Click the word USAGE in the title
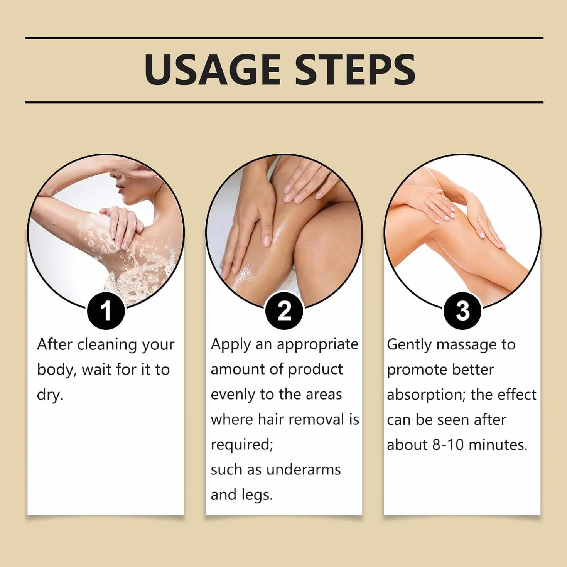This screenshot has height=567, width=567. pyautogui.click(x=213, y=70)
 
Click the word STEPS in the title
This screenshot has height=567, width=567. pyautogui.click(x=355, y=70)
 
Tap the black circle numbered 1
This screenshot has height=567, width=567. pyautogui.click(x=106, y=311)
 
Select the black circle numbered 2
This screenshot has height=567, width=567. pyautogui.click(x=284, y=311)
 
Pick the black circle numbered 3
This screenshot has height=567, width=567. pyautogui.click(x=462, y=311)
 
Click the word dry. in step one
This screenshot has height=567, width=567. pyautogui.click(x=50, y=395)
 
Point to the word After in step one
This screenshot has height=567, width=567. pyautogui.click(x=54, y=344)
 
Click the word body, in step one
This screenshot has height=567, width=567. pyautogui.click(x=57, y=370)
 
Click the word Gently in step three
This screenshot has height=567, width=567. pyautogui.click(x=409, y=345)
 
